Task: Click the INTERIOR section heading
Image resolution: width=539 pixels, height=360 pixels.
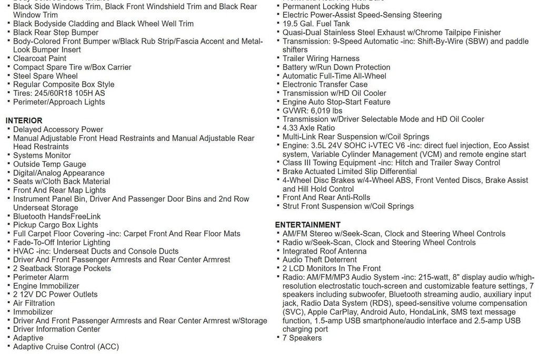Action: click(24, 121)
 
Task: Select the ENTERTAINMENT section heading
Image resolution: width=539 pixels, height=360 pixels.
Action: click(307, 225)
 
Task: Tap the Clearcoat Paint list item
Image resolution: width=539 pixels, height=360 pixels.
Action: click(39, 58)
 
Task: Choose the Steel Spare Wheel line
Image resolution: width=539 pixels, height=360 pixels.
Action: click(45, 76)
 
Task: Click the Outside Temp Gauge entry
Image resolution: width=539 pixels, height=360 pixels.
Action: click(49, 164)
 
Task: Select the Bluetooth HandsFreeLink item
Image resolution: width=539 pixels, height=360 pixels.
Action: click(57, 216)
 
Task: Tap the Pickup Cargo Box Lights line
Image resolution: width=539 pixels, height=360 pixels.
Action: click(55, 225)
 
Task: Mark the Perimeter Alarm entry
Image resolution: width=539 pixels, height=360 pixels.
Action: click(41, 277)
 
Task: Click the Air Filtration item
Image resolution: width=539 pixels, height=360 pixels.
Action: click(34, 303)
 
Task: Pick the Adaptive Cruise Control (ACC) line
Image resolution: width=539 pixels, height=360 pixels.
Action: click(66, 346)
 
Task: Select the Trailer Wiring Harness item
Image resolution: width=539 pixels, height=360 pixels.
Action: click(321, 58)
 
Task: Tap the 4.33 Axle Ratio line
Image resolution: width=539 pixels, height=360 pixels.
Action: click(308, 128)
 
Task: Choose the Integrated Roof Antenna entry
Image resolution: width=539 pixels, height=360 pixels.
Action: click(324, 251)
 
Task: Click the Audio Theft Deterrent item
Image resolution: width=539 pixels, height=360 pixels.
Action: click(320, 259)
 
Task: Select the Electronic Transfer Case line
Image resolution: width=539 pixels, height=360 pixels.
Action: click(325, 84)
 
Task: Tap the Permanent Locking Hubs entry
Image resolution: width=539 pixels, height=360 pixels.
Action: click(326, 6)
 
